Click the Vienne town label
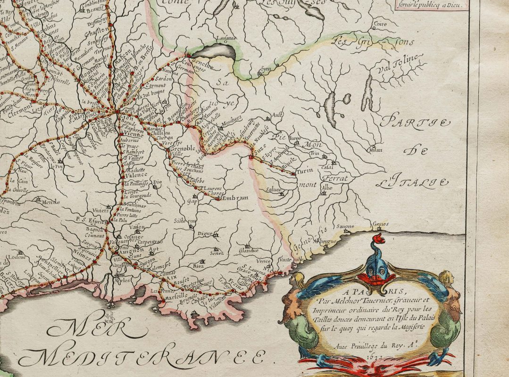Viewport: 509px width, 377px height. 138,134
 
